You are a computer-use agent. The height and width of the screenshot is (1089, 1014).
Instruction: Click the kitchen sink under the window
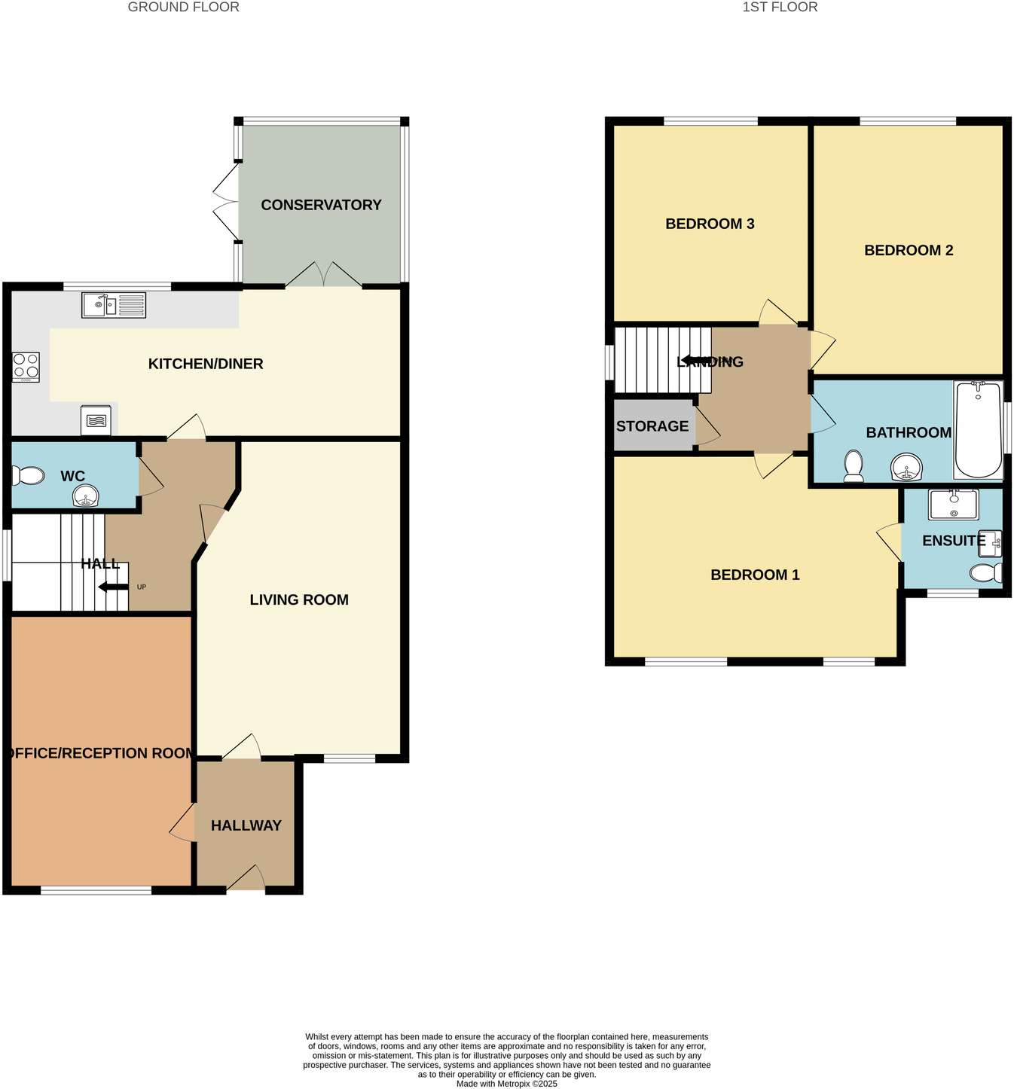[x=113, y=305]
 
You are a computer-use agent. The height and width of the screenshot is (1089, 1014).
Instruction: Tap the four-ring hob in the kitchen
[x=26, y=367]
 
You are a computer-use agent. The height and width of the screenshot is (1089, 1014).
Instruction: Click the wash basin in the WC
[x=86, y=496]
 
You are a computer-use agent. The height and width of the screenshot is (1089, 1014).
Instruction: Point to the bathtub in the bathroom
[x=978, y=430]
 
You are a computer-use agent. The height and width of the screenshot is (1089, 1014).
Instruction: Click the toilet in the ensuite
[x=985, y=573]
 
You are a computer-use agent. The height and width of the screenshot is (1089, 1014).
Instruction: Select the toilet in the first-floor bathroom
[x=854, y=465]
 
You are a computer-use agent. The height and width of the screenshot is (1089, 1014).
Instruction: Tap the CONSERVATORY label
[x=321, y=205]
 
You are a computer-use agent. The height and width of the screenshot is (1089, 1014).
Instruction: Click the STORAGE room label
[x=652, y=426]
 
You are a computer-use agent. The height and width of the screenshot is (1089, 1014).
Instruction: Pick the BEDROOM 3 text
[x=710, y=224]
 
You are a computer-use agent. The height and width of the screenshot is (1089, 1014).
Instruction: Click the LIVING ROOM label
[x=299, y=599]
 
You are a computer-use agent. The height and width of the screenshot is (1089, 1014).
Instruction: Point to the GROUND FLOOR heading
[x=184, y=8]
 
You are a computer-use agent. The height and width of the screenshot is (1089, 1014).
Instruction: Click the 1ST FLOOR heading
[x=780, y=8]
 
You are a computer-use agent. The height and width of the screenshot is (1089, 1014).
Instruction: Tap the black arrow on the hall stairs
[x=113, y=587]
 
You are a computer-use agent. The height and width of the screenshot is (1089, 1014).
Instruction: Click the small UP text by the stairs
[x=141, y=587]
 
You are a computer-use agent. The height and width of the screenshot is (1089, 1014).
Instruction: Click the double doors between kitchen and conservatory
[x=324, y=275]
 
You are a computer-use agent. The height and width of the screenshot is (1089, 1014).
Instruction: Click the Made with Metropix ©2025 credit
[x=506, y=1084]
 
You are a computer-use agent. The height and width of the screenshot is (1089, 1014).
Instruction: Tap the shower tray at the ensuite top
[x=953, y=505]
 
